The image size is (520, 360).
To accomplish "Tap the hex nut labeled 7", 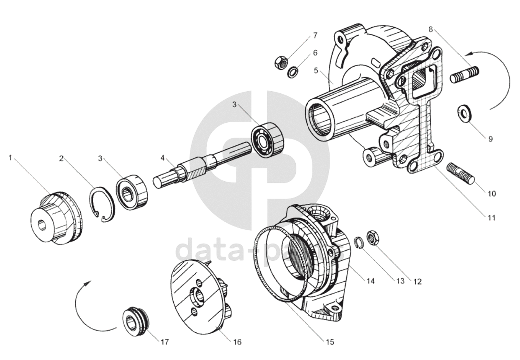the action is (x=281, y=63).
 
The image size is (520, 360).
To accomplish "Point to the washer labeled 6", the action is (x=293, y=72).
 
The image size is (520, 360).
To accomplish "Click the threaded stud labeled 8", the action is (x=465, y=75).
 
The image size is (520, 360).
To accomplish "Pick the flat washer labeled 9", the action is (x=465, y=112).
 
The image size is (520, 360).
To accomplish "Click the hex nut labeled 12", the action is (x=372, y=238).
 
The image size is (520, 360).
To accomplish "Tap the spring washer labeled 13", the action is (x=358, y=242).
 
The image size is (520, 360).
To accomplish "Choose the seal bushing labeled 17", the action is (x=136, y=321).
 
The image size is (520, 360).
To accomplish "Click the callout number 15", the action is (x=330, y=342).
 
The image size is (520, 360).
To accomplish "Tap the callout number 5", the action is (x=316, y=71).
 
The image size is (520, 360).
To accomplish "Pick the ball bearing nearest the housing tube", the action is (x=268, y=140).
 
